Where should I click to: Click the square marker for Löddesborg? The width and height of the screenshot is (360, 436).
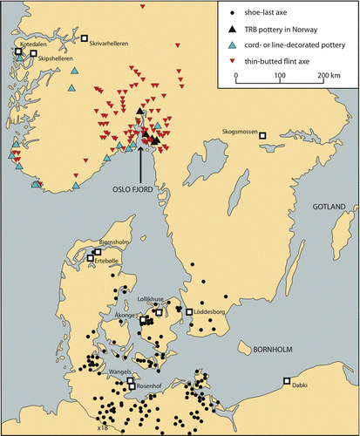tap(188, 311)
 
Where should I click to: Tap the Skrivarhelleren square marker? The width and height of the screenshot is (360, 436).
tap(85, 38)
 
